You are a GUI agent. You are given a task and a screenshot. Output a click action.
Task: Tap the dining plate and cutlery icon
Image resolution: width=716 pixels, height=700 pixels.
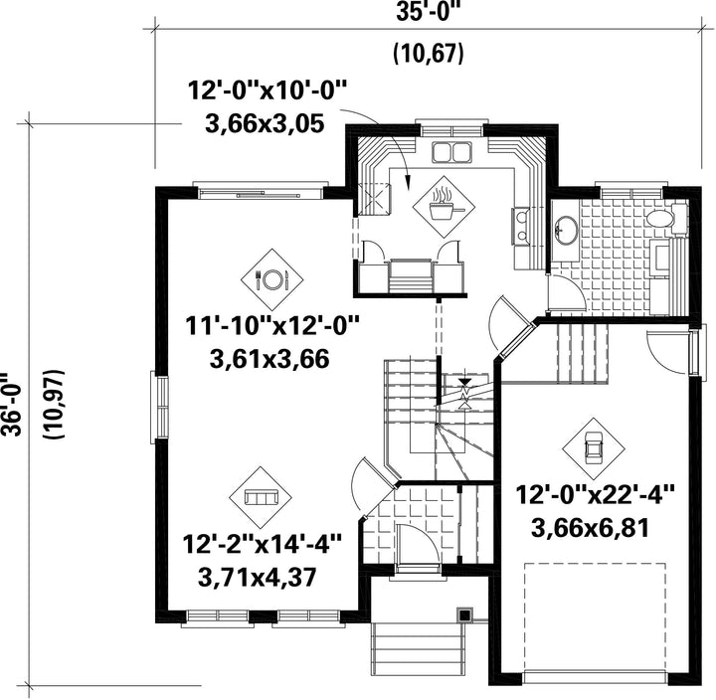pyautogui.click(x=272, y=279)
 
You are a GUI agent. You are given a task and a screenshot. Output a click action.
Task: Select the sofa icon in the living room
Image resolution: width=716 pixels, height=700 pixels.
pyautogui.click(x=261, y=497)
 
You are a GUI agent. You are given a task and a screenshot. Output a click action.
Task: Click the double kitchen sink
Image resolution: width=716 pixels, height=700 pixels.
pyautogui.click(x=451, y=152)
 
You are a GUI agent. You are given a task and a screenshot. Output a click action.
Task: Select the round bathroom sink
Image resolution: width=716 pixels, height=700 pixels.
pyautogui.click(x=565, y=230)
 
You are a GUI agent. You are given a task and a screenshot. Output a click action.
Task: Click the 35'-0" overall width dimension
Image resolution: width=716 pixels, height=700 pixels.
pyautogui.click(x=428, y=11)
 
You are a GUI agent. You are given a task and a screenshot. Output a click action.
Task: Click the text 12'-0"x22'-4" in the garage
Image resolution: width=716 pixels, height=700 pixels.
pyautogui.click(x=595, y=495)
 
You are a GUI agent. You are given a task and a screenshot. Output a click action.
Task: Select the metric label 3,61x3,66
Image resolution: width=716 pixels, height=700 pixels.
pyautogui.click(x=269, y=359)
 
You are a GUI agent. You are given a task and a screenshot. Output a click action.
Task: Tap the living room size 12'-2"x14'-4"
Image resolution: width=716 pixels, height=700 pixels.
pyautogui.click(x=263, y=544)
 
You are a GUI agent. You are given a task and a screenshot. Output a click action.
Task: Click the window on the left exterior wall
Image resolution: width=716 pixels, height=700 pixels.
pyautogui.click(x=159, y=407)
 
